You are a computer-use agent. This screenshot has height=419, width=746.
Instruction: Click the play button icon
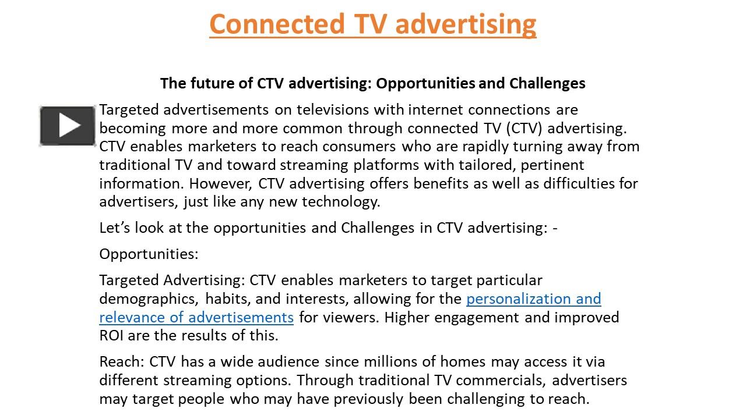point(68,126)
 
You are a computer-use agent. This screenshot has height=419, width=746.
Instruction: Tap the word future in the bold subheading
point(209,83)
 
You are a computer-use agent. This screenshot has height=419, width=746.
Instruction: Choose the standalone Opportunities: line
point(149,254)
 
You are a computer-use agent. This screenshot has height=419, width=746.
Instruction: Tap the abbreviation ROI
point(112,335)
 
